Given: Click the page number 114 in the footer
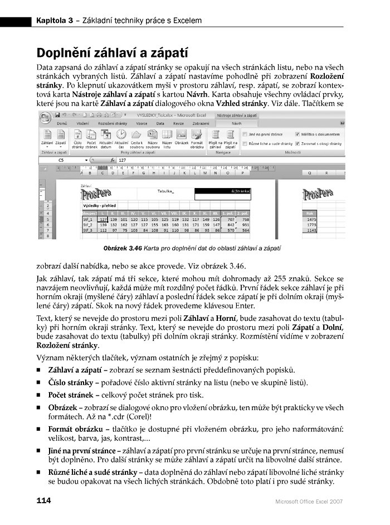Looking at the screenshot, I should (x=45, y=500).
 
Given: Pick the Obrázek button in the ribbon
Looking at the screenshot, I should (x=182, y=137).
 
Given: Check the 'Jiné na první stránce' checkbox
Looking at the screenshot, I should (x=245, y=134).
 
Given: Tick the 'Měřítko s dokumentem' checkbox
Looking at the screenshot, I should (x=298, y=134).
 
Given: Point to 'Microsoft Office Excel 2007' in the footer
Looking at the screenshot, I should (x=309, y=501).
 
